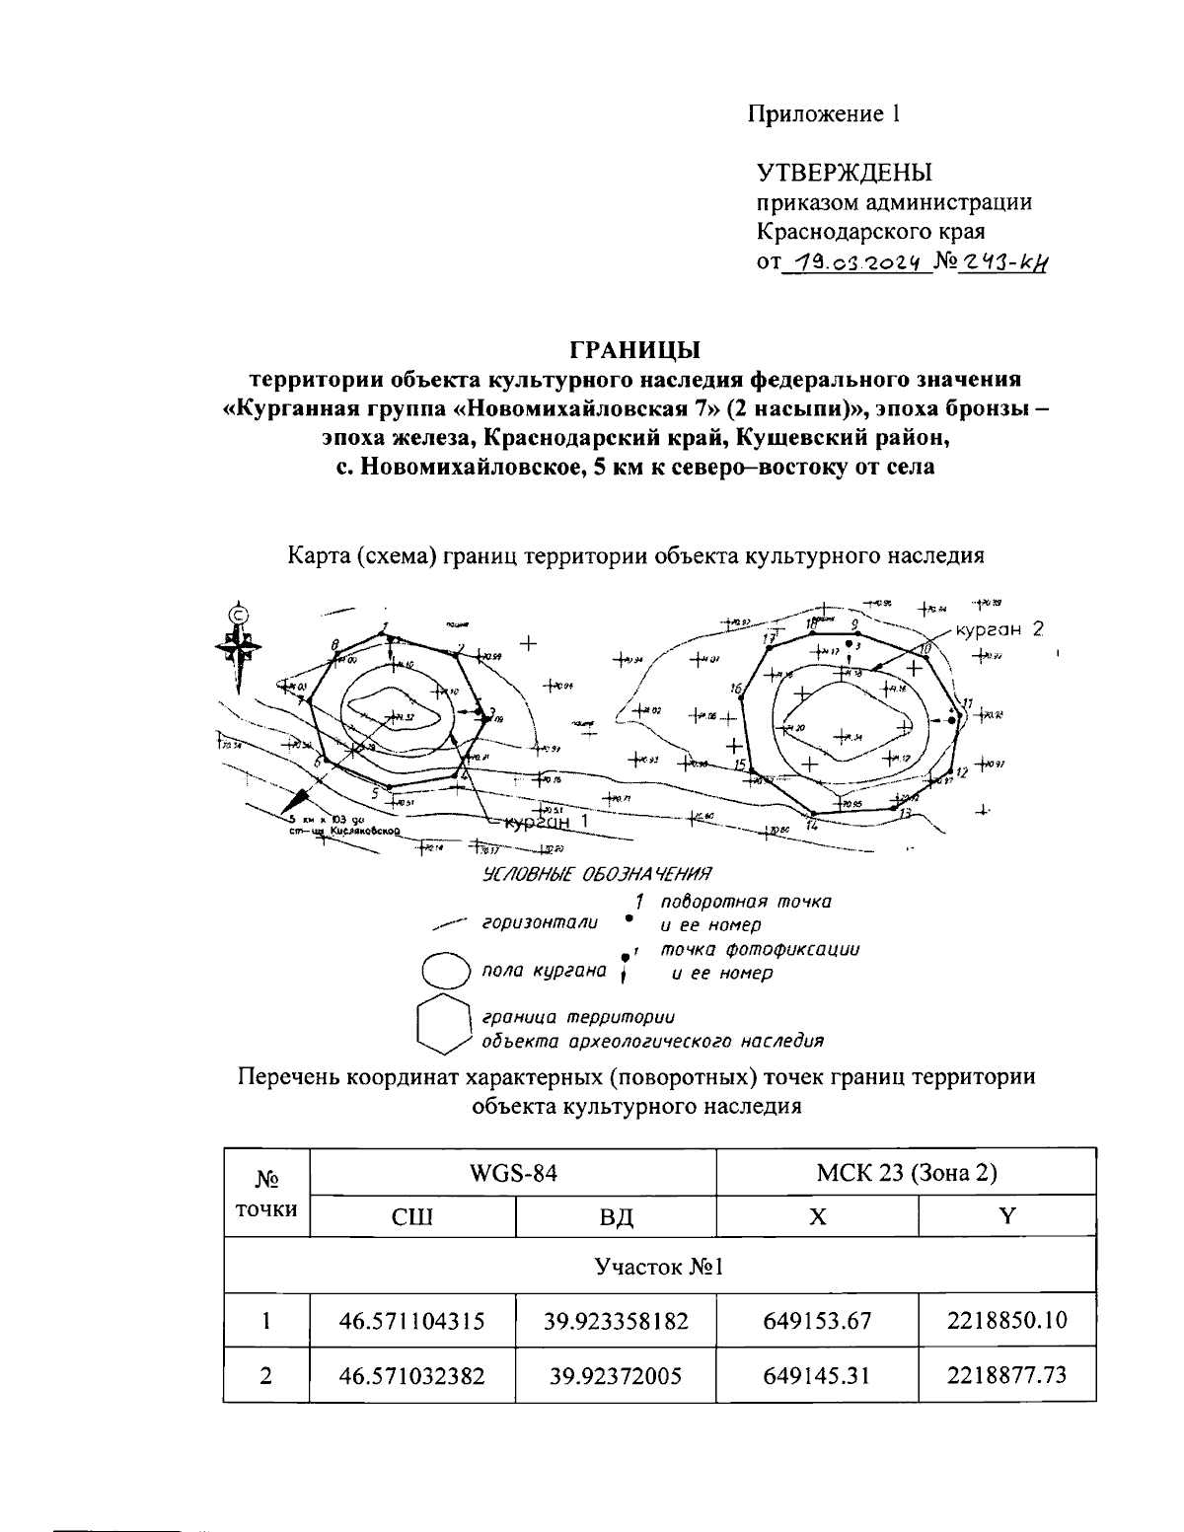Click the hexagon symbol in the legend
442,1025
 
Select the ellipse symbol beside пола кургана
444,971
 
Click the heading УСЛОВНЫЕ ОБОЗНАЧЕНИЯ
596,875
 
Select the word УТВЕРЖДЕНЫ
844,174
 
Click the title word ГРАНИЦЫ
635,350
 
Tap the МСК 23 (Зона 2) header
906,1173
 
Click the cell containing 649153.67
817,1321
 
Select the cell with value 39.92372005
616,1375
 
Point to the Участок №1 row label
659,1266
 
